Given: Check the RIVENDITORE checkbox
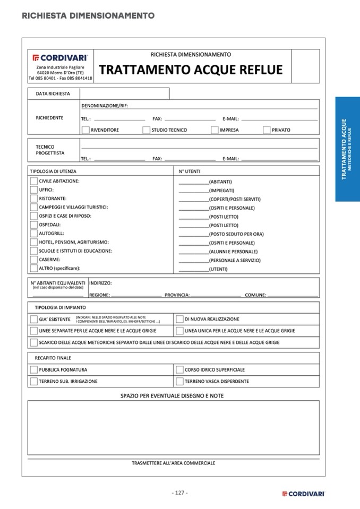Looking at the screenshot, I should coord(85,130).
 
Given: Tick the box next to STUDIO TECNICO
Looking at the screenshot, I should coord(146,130).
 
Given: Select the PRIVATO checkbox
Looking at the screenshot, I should coord(267,130).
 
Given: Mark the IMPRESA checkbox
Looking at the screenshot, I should coord(215,130).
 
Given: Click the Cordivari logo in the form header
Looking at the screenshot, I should coord(60,57).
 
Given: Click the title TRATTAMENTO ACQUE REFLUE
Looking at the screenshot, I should coord(191,70).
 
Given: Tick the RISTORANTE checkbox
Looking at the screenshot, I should coord(34,198).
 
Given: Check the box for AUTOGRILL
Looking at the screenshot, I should coord(34,234).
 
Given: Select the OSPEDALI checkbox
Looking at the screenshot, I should coord(34,225).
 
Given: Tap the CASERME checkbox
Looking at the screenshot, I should coord(34,260).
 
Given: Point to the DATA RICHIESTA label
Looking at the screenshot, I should coord(53,93).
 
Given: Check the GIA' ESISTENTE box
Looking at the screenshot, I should coord(34,320).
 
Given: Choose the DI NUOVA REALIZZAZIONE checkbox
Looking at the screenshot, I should coord(179,320).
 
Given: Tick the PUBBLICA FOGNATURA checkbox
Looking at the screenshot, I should coord(34,370).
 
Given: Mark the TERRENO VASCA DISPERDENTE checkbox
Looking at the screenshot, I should coord(179,382).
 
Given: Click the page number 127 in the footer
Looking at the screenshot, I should coord(179,493).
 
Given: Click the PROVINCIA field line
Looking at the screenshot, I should coord(216,295).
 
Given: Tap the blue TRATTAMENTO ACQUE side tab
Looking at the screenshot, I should coord(347,149).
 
